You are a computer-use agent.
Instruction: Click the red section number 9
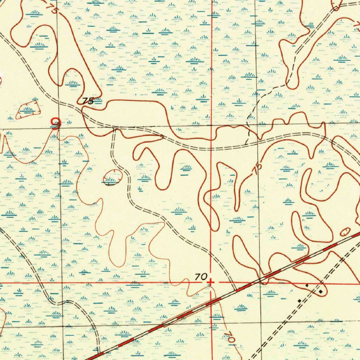pos(56,123)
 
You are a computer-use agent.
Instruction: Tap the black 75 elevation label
pos(88,101)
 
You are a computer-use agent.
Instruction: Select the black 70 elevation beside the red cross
pos(201,277)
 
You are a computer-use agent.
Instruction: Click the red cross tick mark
pos(211,282)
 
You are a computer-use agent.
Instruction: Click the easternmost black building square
pos(321,291)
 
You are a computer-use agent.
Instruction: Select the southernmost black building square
pos(299,301)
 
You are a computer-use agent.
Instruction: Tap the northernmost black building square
pos(307,286)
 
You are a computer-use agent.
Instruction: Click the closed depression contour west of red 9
pos(28,110)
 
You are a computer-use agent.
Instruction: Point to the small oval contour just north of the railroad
pos(345,231)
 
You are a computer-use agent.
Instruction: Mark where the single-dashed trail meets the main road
pos(246,145)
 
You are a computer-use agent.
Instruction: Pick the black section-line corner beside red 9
pos(59,129)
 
